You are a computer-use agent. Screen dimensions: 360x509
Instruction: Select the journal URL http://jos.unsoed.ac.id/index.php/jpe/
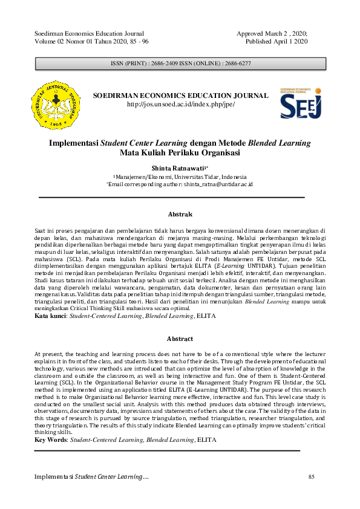(180, 105)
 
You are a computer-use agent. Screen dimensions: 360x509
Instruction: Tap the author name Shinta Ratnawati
(179, 167)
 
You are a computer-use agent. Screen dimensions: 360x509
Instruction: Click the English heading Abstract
(180, 339)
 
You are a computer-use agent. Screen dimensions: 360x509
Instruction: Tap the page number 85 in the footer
(312, 478)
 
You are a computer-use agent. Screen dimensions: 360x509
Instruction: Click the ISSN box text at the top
(180, 63)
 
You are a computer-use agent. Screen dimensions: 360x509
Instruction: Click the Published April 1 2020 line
(277, 41)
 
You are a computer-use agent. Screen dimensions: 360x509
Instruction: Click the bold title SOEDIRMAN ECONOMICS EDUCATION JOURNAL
(180, 96)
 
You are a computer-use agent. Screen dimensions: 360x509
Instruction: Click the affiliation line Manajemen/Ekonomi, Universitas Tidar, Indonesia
(180, 175)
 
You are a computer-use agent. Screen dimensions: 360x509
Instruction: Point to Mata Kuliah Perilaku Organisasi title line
(180, 152)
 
